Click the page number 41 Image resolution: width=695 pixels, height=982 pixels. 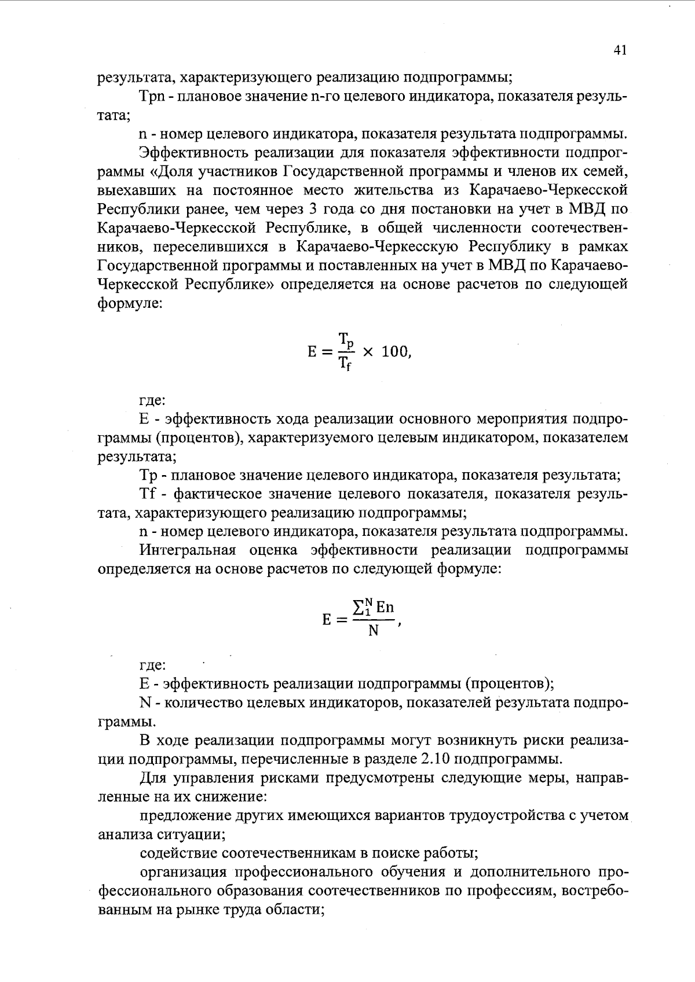tap(620, 51)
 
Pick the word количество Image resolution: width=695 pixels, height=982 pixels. tap(202, 703)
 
